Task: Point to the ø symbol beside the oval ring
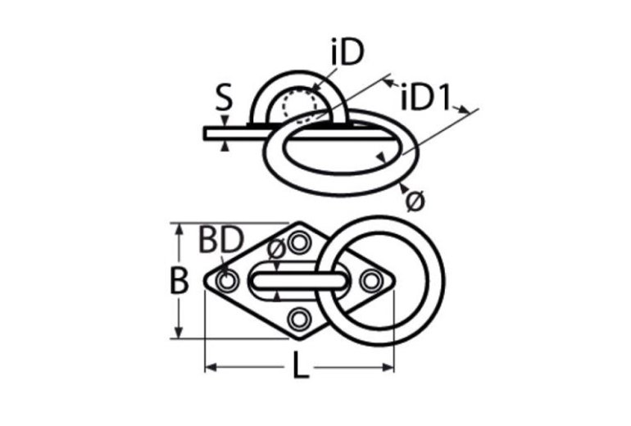point(415,199)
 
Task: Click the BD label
point(220,240)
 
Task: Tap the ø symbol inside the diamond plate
point(276,248)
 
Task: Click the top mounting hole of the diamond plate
point(299,243)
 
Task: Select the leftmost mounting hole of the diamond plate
point(227,282)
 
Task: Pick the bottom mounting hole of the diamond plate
point(299,319)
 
